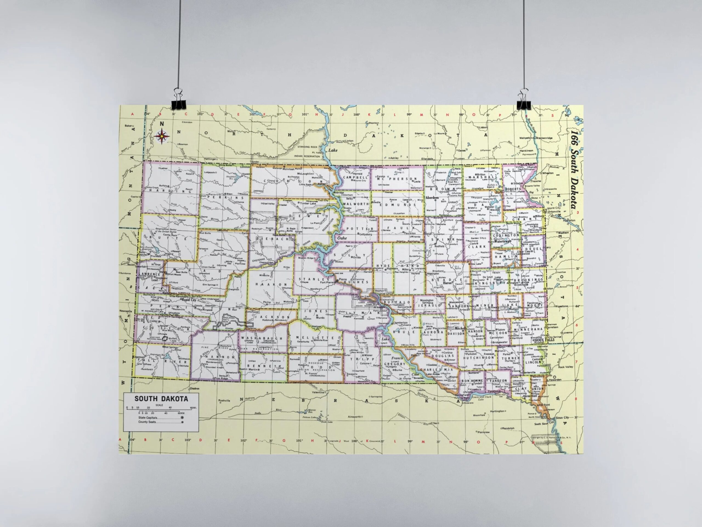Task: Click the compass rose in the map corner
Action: tap(162, 136)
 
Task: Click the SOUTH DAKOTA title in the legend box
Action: tap(161, 399)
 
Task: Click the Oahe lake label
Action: tap(342, 238)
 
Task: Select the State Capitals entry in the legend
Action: tap(148, 418)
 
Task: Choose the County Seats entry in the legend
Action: tap(147, 422)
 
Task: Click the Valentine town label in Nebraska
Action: tap(318, 392)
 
